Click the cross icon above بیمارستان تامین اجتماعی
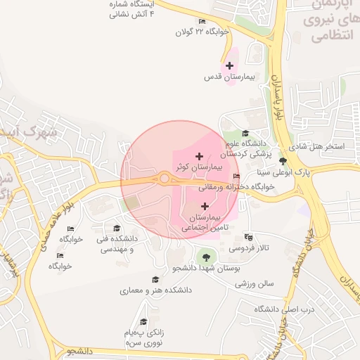pos(205,206)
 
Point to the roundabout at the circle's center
pos(165,179)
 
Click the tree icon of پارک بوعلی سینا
pos(283,161)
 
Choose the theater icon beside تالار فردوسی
pos(248,237)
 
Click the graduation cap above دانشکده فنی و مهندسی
pos(117,228)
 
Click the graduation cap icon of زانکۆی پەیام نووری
pos(143,321)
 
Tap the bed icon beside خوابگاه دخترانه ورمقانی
pos(236,176)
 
